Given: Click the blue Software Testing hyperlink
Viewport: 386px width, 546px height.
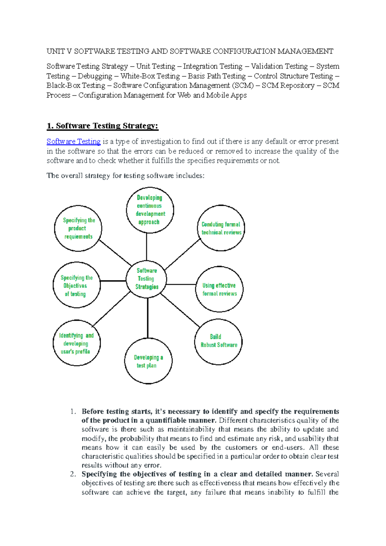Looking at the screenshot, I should click(73, 142).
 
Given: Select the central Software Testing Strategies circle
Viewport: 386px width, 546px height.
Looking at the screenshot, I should click(147, 279).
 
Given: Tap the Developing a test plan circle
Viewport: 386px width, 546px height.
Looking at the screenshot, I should click(148, 361).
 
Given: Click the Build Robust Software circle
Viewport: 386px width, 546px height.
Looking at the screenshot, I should click(218, 341).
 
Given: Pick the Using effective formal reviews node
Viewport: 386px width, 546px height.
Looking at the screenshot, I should click(219, 289).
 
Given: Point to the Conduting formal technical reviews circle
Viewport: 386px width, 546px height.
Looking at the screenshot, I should click(221, 228).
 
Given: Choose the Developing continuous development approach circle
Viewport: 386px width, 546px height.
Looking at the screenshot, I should click(150, 210).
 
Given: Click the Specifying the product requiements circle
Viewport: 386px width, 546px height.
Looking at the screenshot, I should click(78, 228).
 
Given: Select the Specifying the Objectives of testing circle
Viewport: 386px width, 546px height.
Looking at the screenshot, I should click(76, 285).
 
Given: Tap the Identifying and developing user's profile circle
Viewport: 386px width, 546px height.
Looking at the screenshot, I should click(77, 343).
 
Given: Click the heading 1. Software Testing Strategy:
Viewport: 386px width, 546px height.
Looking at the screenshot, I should click(103, 126).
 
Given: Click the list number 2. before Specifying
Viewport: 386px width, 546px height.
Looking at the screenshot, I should click(73, 474).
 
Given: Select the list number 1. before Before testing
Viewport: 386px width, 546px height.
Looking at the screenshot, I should click(73, 412).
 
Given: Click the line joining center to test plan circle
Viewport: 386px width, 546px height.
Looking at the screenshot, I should click(148, 318).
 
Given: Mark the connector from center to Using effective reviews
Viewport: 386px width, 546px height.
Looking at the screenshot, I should click(181, 285).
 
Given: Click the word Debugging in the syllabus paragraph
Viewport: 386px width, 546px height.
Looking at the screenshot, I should click(95, 76).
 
